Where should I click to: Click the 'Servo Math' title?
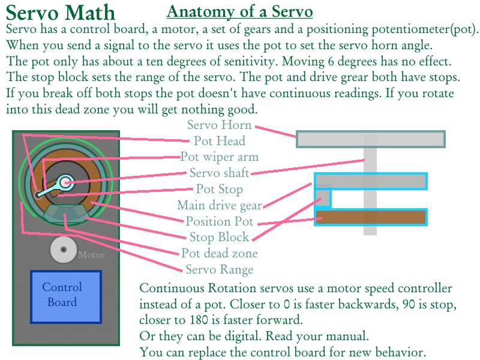(x=61, y=13)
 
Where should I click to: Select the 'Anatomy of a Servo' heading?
(x=239, y=11)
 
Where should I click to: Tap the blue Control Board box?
(x=66, y=295)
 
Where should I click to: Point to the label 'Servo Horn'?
(x=219, y=125)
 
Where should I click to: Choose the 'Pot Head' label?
(x=219, y=141)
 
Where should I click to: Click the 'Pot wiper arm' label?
(x=220, y=157)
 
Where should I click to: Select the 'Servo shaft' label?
(x=219, y=173)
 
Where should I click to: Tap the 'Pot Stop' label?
(x=220, y=190)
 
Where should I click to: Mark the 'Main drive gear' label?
(x=220, y=206)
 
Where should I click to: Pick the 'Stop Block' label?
(x=219, y=238)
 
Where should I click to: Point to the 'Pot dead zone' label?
(x=220, y=253)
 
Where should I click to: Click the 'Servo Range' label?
(x=219, y=269)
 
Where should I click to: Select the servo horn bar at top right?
(x=371, y=139)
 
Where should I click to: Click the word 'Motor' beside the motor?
(x=91, y=255)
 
